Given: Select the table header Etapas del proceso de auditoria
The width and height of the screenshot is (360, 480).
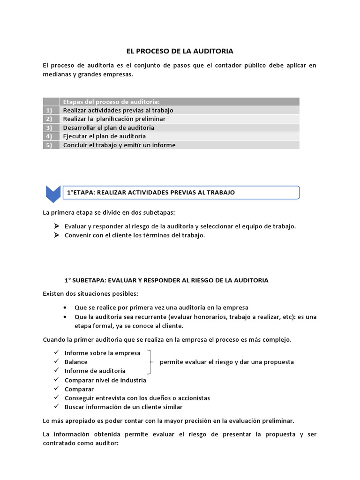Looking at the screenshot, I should coord(111,102).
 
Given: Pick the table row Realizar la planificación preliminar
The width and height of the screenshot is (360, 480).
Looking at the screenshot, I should coord(114,119).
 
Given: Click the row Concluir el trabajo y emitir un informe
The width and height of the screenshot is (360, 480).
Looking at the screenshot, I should coord(119,145).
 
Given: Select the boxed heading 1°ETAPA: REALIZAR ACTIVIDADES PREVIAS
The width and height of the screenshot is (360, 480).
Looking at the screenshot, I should coord(151,192).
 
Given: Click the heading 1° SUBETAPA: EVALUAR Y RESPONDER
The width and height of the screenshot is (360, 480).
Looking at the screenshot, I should coord(166,280).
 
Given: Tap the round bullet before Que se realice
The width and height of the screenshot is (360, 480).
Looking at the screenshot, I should coord(64,307).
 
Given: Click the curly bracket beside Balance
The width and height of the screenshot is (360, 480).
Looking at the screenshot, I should coord(150,362).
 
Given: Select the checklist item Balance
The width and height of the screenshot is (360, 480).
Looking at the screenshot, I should coord(76,362).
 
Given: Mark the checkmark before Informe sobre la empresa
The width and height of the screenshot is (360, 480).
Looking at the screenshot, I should coord(56,352).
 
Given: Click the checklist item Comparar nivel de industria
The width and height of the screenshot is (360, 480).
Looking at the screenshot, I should coord(105,380).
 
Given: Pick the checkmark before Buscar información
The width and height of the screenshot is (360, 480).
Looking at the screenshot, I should coord(56,407).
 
